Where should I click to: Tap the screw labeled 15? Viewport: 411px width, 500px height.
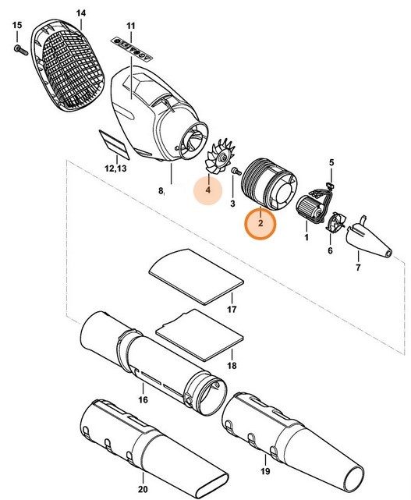point(18,50)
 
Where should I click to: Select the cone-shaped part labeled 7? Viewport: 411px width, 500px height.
point(370,241)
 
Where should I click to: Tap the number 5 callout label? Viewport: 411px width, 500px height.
point(331,162)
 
